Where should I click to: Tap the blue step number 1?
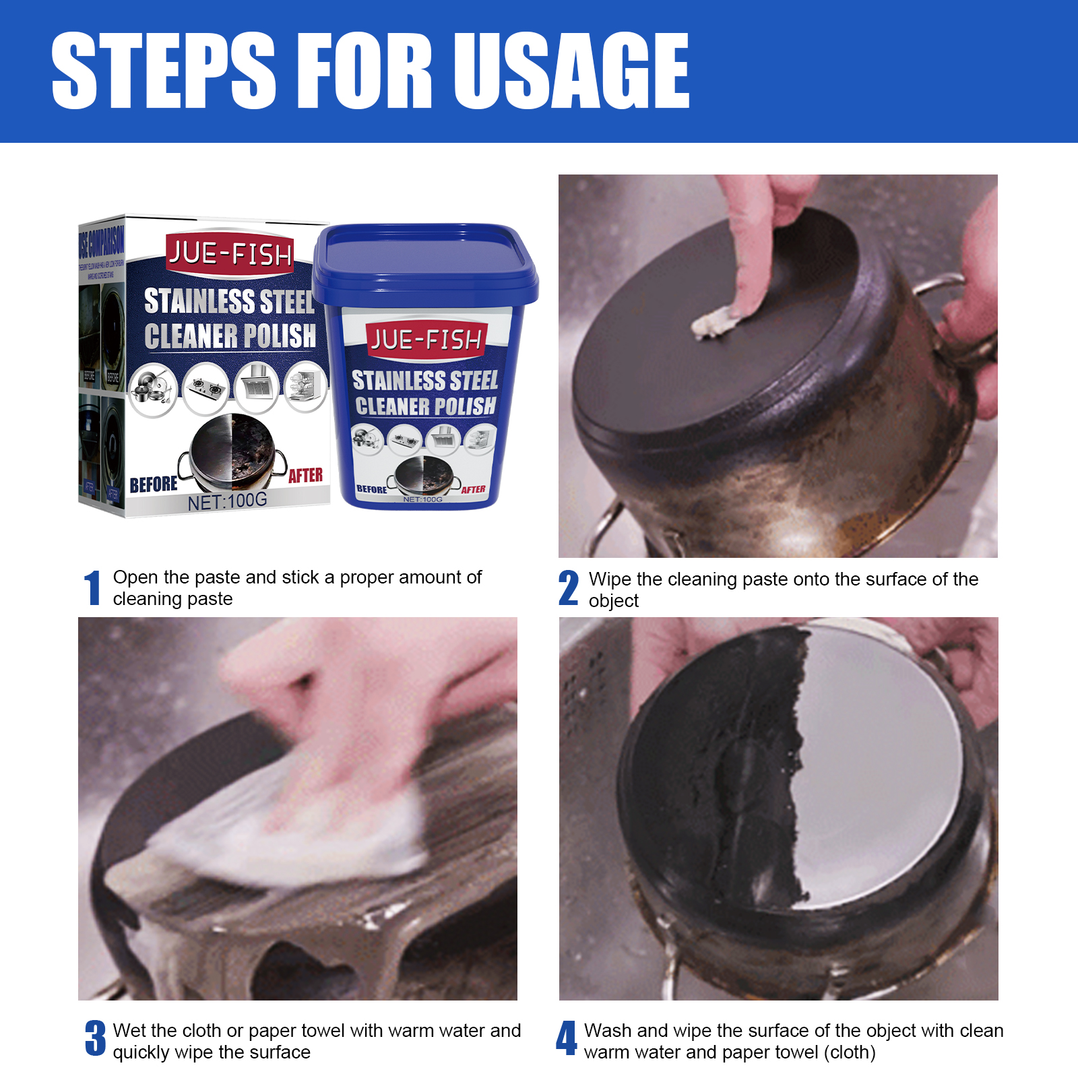[93, 588]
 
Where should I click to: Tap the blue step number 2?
[568, 588]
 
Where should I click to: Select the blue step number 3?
[95, 1038]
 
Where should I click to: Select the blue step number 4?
[566, 1038]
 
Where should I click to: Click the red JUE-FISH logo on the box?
[230, 254]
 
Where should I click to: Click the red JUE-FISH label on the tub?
[425, 340]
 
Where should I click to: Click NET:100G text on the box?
[227, 501]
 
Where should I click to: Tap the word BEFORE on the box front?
[154, 484]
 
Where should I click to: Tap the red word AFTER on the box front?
[305, 476]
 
